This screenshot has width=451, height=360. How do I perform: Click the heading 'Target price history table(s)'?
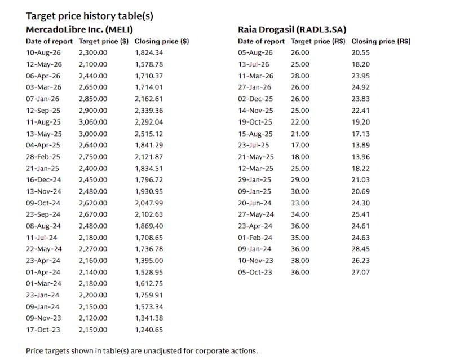(x=90, y=16)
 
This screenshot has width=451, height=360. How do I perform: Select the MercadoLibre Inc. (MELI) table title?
(x=79, y=29)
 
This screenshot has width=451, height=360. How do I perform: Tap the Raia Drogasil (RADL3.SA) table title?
(x=292, y=29)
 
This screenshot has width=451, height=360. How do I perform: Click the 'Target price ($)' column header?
(x=104, y=41)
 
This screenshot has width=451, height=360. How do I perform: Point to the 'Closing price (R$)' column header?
(x=381, y=41)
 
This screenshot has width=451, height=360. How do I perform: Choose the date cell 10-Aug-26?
(x=43, y=52)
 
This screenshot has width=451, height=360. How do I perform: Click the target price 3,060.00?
(x=93, y=122)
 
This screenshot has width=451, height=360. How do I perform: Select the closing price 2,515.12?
(x=149, y=134)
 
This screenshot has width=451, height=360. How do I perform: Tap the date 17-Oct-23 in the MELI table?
(x=43, y=330)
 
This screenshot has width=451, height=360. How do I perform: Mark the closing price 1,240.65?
(x=149, y=330)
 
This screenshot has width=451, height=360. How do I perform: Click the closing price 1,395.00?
(x=149, y=261)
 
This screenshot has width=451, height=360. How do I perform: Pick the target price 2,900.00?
(x=93, y=111)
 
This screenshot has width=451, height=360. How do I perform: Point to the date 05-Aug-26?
(x=255, y=52)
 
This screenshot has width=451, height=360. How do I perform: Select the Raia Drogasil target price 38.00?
(x=300, y=261)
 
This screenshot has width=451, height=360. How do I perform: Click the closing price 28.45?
(x=360, y=249)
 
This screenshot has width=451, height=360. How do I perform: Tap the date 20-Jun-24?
(x=255, y=203)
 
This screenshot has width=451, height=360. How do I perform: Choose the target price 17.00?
(x=300, y=145)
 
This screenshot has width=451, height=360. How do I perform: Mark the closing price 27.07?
(x=360, y=272)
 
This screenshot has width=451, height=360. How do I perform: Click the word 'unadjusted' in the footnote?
(x=162, y=351)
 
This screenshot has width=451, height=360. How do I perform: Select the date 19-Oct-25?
(x=255, y=122)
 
